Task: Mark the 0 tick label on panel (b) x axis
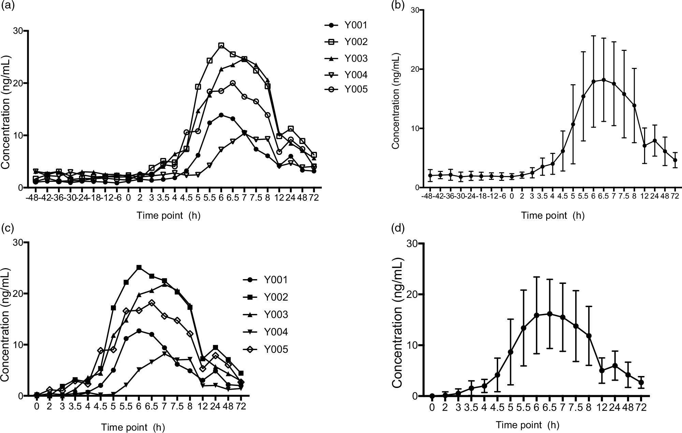[512, 197]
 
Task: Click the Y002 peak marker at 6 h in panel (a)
[221, 45]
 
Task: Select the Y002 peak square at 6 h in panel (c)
[139, 268]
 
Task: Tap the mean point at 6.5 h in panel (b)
[604, 80]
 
